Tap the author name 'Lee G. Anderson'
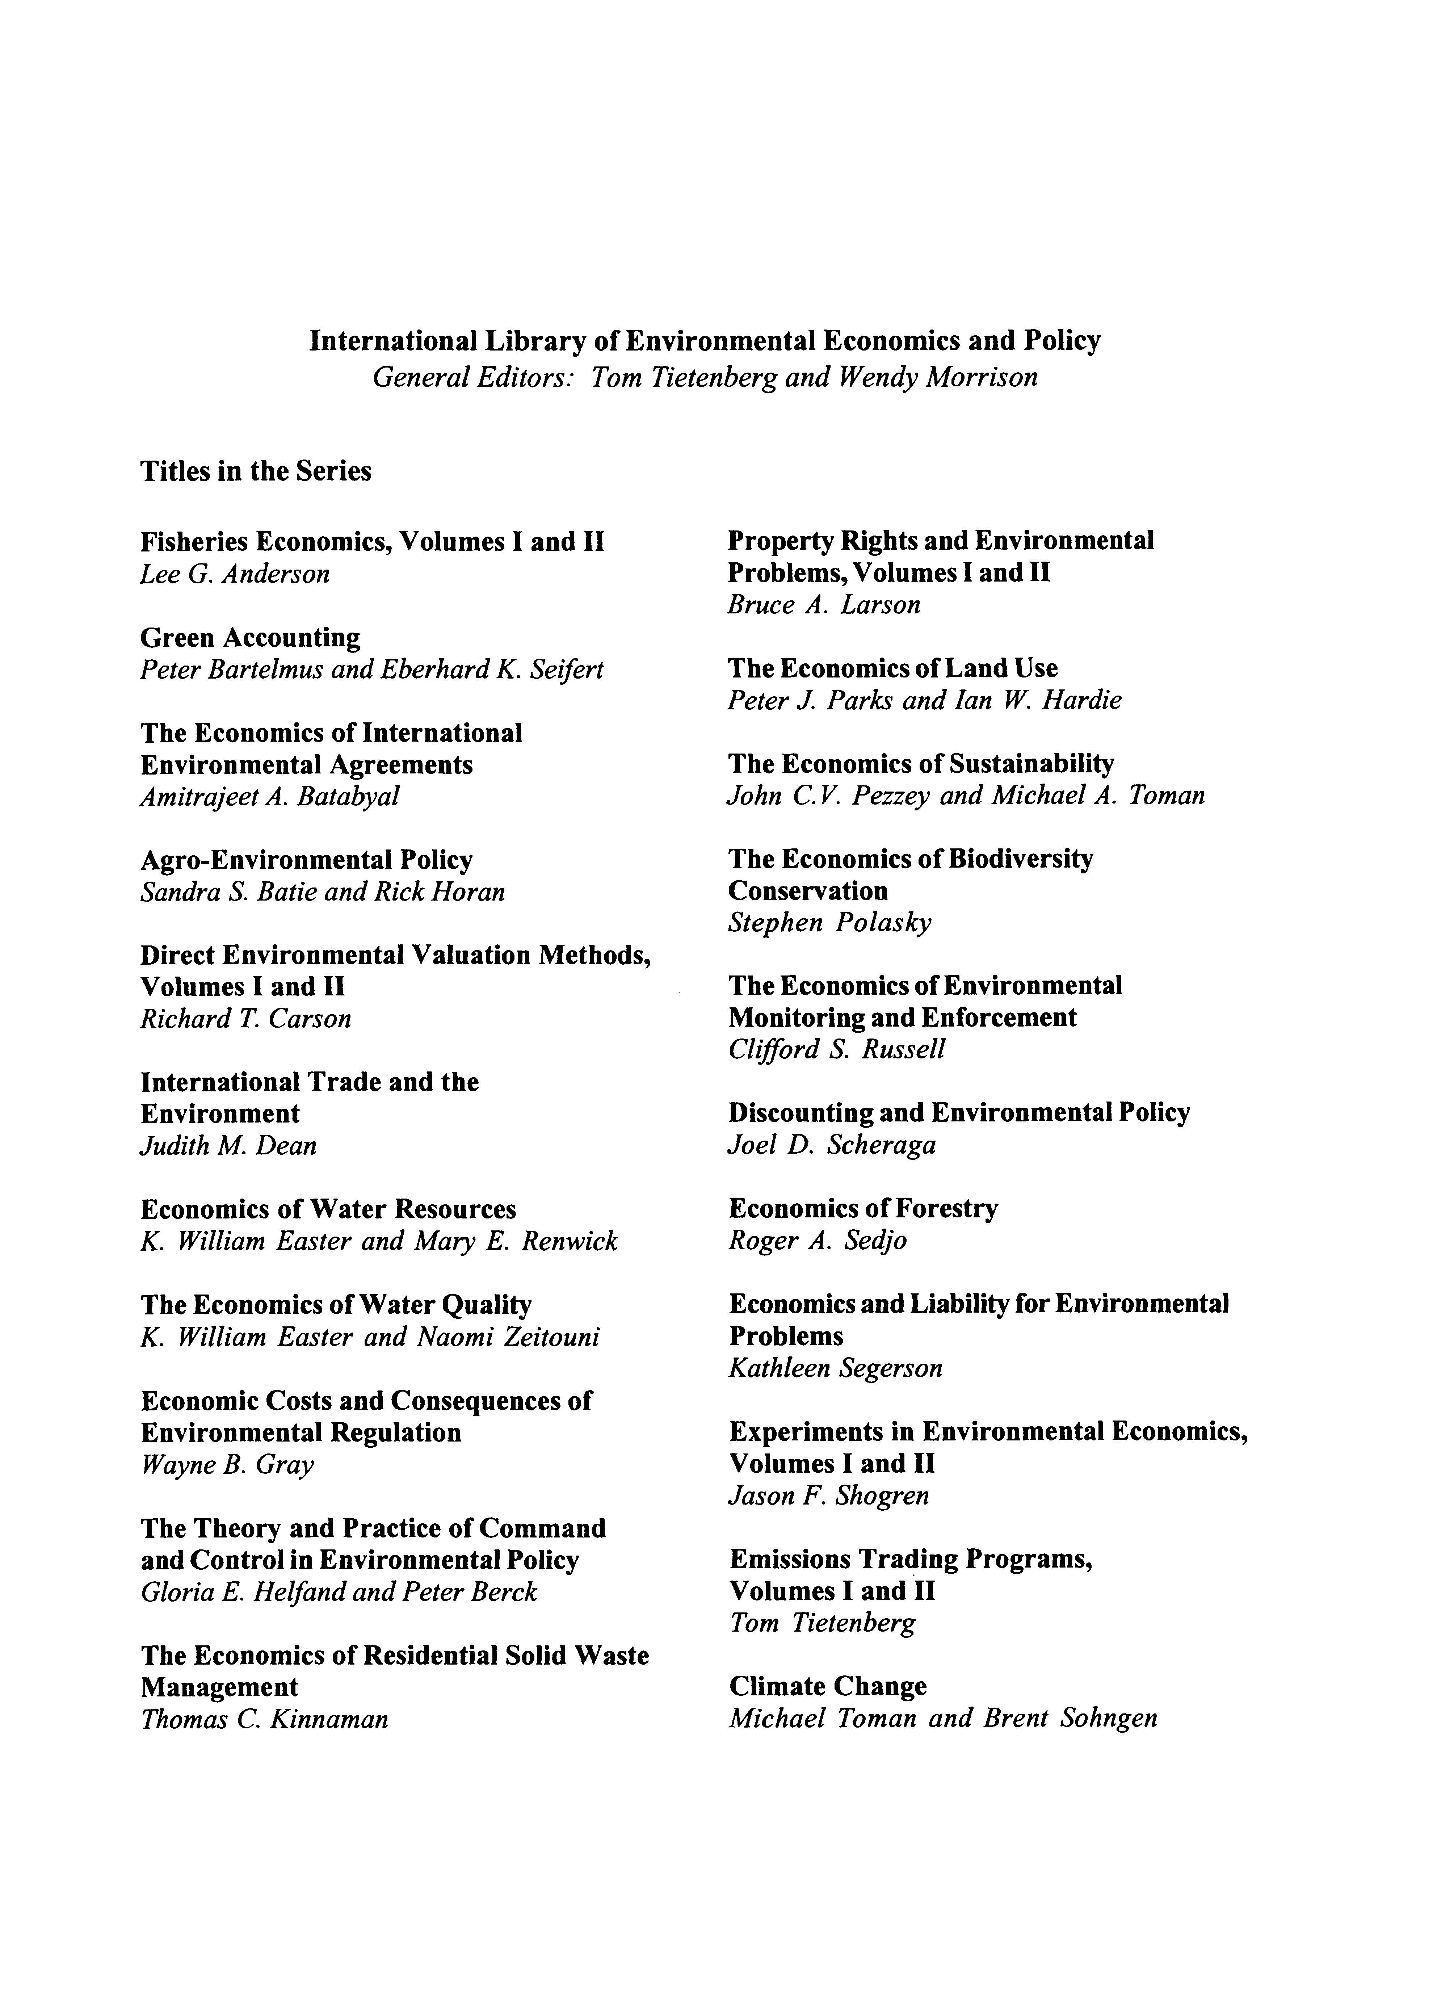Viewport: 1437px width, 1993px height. click(x=235, y=574)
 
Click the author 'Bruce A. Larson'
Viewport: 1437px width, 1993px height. click(x=824, y=605)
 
